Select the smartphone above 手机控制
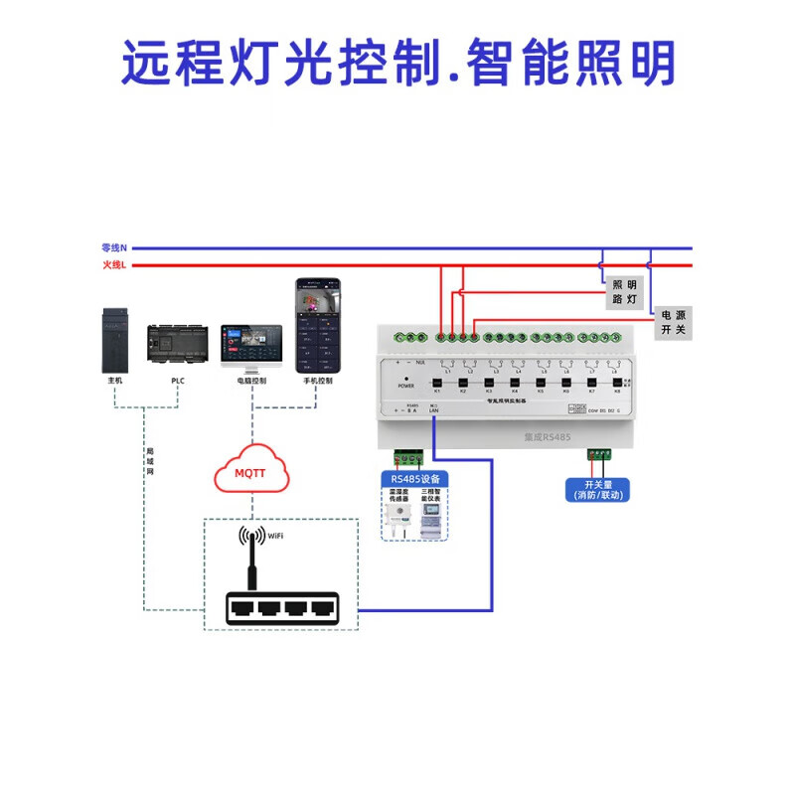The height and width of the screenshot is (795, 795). point(317,325)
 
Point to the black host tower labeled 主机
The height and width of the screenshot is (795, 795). point(116,338)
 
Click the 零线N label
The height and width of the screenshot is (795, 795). point(114,247)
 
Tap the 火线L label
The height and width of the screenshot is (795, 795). point(114,265)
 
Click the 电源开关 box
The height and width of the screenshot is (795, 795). point(674,322)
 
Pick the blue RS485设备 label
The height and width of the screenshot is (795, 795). point(414,479)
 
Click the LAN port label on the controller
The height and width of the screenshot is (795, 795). point(434,410)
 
